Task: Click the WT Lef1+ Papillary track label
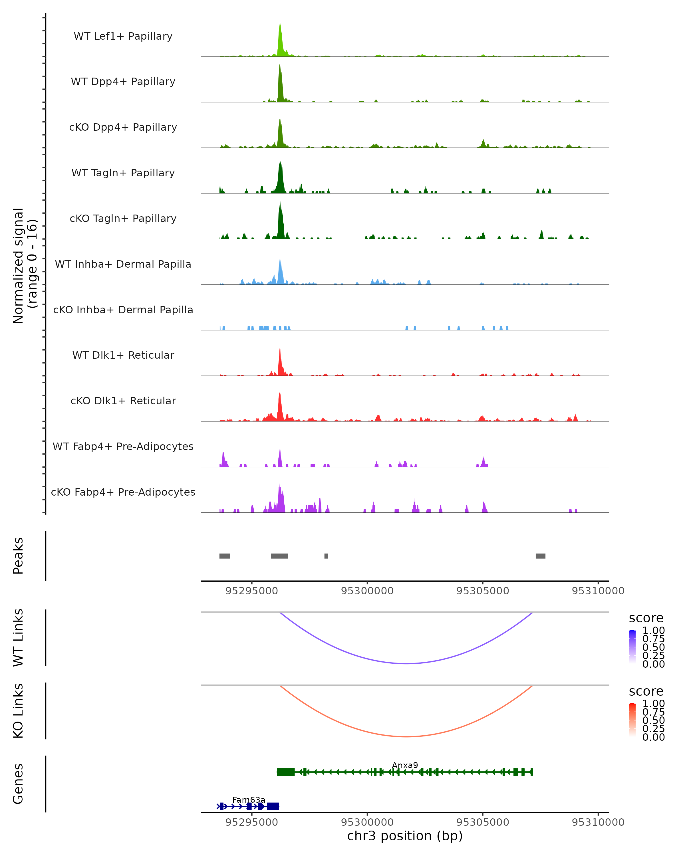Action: tap(123, 36)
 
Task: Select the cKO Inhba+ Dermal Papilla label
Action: tap(123, 310)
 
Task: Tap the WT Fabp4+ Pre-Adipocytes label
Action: tap(123, 446)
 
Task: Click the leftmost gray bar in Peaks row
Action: tap(224, 556)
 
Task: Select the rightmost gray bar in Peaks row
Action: tap(541, 556)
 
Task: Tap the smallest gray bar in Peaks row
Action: tap(326, 556)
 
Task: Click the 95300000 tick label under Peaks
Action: tap(367, 591)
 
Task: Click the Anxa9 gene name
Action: tap(405, 766)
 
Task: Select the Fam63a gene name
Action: tap(249, 800)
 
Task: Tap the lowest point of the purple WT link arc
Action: tap(406, 663)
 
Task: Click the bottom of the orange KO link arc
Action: tap(406, 736)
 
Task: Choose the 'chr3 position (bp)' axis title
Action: tap(405, 836)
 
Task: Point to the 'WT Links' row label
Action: tap(18, 638)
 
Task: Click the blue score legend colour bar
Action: tap(632, 647)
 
